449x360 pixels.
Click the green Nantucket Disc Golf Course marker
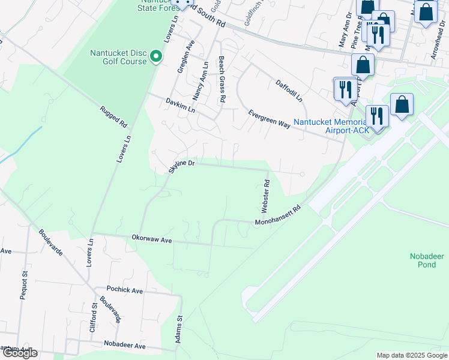(x=156, y=57)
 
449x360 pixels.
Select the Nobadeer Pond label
(x=426, y=260)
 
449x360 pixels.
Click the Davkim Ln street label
(x=181, y=106)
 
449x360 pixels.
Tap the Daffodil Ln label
(x=289, y=91)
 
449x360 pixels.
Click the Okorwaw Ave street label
(x=152, y=239)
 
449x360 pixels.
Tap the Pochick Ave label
(x=125, y=290)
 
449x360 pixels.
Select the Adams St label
(x=179, y=330)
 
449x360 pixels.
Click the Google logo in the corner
(x=20, y=353)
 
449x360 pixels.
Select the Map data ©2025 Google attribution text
(x=411, y=355)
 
